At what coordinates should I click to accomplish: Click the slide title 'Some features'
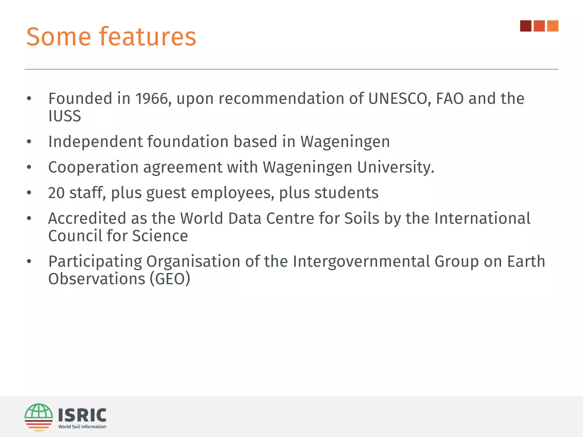111,37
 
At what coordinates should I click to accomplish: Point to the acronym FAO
450,99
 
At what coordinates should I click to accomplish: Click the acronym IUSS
65,116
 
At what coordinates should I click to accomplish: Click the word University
395,167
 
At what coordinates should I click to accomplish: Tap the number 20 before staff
56,193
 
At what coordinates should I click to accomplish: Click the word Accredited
87,218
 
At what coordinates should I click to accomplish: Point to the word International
482,218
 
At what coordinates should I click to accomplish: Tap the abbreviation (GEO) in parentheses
170,279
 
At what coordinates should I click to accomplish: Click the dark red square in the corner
525,26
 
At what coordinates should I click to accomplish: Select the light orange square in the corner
553,26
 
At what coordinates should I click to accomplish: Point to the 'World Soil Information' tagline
82,427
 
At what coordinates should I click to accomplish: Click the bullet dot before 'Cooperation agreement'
29,167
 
